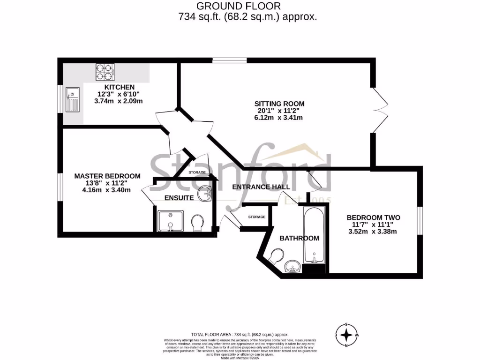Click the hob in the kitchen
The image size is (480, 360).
tap(105, 71)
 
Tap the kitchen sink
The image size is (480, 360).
tap(73, 100)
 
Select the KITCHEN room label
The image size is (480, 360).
tap(120, 87)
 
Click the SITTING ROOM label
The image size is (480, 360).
tap(279, 104)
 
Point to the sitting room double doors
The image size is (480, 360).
tap(380, 111)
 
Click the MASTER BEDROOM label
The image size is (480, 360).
tap(107, 176)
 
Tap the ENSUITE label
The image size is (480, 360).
tap(179, 198)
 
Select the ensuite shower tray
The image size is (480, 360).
tap(170, 221)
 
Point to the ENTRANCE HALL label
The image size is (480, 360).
tap(261, 187)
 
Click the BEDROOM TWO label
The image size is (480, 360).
tap(373, 217)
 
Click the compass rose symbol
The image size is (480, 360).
tap(346, 335)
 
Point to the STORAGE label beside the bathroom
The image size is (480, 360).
tap(257, 217)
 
